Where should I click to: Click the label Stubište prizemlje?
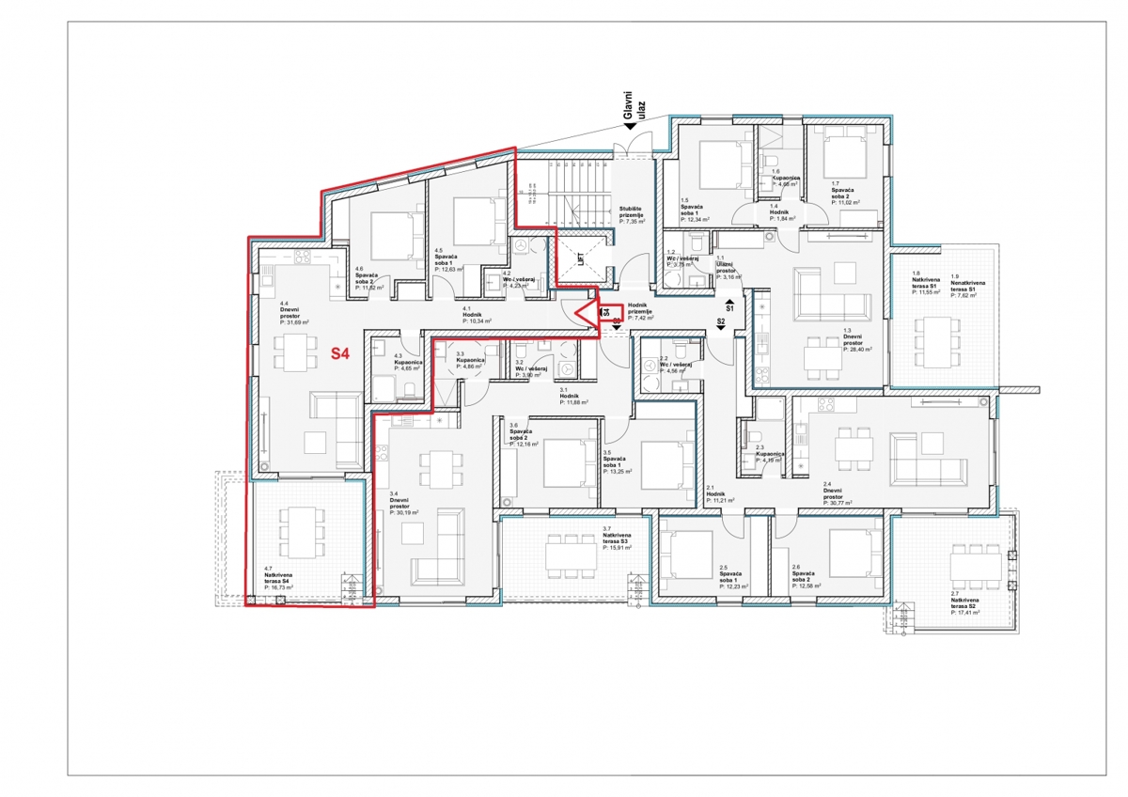tap(632, 214)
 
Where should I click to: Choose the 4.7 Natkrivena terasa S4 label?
tap(279, 577)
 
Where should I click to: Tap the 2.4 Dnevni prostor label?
tap(838, 494)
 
